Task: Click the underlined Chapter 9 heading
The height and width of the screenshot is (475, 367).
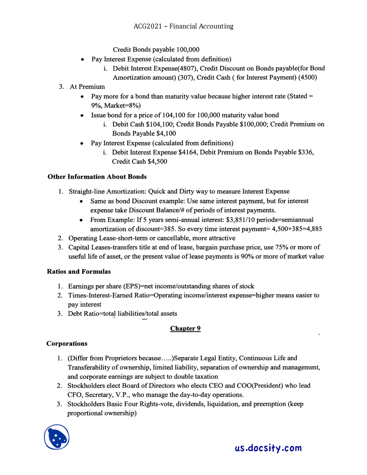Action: coord(185,328)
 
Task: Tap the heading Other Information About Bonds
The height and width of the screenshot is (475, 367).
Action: coord(97,177)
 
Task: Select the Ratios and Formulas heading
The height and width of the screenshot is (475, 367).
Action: coord(79,272)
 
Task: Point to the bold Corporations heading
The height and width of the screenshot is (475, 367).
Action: coord(67,344)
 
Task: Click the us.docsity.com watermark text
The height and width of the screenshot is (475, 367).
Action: coord(268,448)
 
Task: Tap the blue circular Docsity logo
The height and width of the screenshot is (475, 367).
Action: coord(57,437)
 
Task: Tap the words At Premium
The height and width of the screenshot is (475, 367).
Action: coord(87,87)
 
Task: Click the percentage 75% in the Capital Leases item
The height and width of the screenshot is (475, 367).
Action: coord(284,247)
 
